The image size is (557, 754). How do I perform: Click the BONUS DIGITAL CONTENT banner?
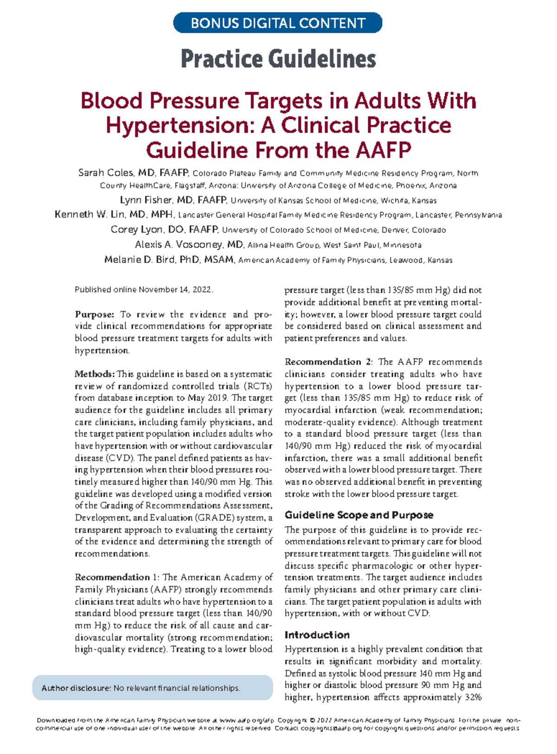[x=278, y=23]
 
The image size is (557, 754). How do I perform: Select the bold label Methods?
[x=95, y=374]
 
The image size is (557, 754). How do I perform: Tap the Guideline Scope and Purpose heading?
[x=359, y=515]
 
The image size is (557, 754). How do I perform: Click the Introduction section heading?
[x=317, y=635]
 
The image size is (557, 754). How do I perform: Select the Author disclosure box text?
[x=141, y=688]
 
